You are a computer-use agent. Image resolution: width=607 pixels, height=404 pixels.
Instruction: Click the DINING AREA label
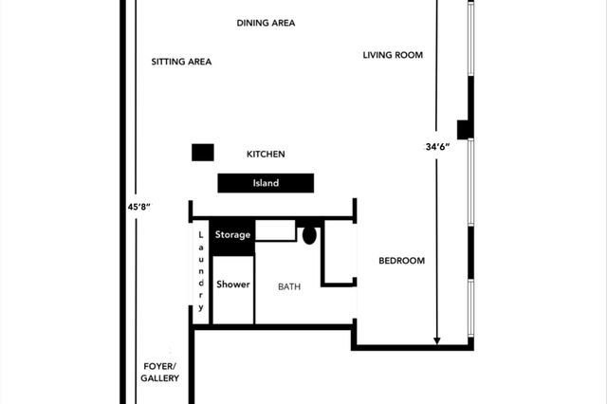[266, 22]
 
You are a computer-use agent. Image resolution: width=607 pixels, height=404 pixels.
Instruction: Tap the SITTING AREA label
[181, 62]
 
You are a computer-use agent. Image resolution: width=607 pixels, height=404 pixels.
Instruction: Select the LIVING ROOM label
[392, 55]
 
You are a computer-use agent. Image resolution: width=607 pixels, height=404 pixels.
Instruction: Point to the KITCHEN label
[266, 154]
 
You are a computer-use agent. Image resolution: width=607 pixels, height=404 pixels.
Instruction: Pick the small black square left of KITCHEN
[203, 152]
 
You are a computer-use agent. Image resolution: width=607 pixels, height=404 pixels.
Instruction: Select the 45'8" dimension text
[139, 206]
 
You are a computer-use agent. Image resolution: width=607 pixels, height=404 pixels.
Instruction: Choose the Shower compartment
[232, 289]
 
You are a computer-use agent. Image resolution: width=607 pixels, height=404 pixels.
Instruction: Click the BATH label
[289, 285]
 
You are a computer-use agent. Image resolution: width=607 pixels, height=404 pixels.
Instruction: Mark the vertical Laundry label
[201, 270]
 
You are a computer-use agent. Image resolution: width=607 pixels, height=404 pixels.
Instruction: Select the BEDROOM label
[401, 261]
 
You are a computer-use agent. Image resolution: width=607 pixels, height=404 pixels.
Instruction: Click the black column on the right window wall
[464, 128]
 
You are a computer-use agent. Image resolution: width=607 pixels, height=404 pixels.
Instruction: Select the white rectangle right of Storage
[275, 230]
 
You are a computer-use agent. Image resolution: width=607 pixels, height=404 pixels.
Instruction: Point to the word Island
[266, 183]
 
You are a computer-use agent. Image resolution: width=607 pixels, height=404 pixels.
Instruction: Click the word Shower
[232, 285]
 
